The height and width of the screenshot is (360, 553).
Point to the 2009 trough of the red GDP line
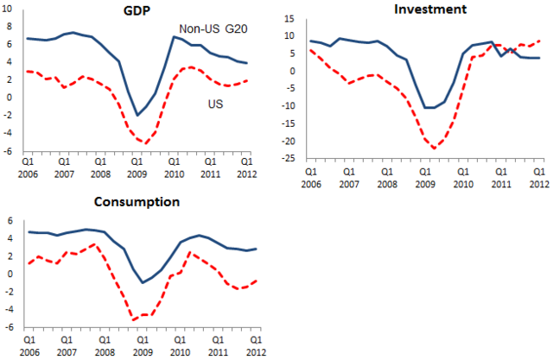147,142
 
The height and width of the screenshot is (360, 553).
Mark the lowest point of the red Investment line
435,148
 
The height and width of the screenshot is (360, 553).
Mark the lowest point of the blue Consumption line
143,282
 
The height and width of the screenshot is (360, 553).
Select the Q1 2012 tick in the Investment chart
537,178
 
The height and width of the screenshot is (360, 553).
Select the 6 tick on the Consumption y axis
8,219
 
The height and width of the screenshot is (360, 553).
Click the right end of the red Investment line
540,41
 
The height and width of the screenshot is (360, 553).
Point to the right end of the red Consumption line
256,281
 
